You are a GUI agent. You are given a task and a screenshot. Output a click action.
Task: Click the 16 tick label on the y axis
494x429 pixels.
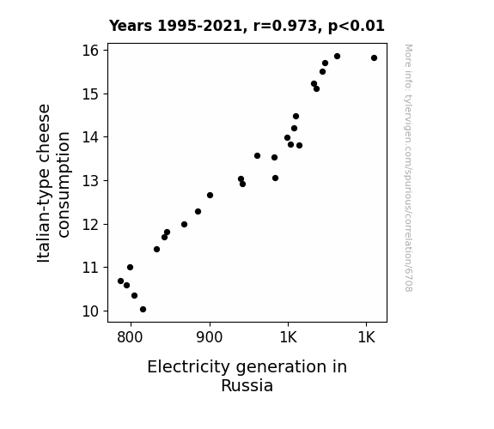coord(90,51)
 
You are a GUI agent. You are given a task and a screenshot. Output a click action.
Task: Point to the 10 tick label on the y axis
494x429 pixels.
coord(90,311)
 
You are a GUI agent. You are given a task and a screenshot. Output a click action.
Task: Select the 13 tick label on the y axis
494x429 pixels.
coord(90,181)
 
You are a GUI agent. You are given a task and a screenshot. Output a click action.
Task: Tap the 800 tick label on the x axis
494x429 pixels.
coord(130,337)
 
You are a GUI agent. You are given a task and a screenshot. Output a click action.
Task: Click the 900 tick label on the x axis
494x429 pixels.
coord(209,337)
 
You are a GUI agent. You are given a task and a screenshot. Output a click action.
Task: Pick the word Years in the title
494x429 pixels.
coord(131,26)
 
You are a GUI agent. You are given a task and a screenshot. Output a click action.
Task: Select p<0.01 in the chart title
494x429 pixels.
coord(357,27)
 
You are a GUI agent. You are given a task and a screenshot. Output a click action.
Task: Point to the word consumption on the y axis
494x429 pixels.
coord(64,184)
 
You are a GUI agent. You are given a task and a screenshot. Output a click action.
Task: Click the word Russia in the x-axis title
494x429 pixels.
coord(247,386)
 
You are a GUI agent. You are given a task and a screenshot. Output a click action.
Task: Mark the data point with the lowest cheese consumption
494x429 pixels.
coord(143,310)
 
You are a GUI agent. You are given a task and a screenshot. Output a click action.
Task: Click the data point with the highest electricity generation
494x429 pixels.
coord(375,57)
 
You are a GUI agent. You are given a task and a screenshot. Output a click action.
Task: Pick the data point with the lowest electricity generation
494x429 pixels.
coord(120,281)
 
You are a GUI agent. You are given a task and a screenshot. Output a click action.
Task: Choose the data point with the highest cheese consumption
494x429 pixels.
coord(337,57)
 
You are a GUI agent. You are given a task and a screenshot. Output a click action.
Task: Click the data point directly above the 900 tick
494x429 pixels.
coord(210,195)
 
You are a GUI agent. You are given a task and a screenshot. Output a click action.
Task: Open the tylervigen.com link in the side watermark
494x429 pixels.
coord(408,168)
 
